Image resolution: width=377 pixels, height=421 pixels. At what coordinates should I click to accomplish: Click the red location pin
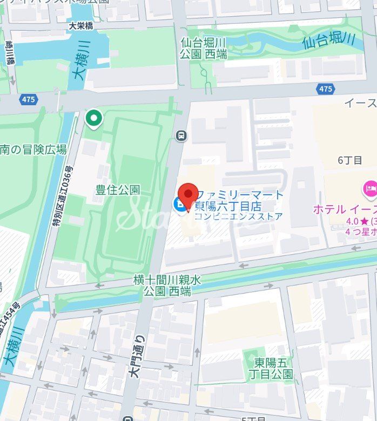[188, 195]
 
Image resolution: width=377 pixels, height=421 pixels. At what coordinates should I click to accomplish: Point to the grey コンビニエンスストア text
[238, 216]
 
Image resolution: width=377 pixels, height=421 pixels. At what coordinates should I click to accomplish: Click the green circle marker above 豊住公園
[94, 118]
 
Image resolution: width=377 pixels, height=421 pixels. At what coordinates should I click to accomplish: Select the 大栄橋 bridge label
[81, 25]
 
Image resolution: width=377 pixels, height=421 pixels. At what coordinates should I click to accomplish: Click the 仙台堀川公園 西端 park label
[204, 47]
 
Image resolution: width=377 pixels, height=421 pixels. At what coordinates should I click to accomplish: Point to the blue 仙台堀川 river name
[328, 39]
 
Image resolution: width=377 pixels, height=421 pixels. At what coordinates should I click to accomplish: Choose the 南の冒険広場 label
[33, 150]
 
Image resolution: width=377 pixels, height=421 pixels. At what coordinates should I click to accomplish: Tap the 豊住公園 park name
[118, 189]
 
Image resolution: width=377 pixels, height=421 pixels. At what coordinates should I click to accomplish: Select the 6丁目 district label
[349, 160]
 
